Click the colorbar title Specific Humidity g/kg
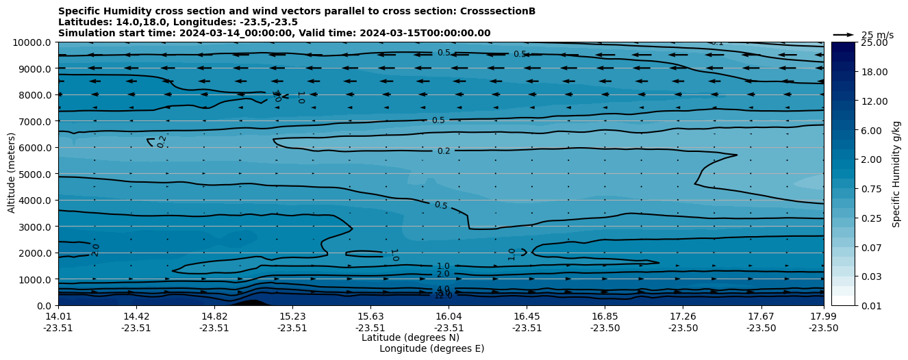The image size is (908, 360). point(896,174)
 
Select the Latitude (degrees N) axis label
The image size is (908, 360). point(410,337)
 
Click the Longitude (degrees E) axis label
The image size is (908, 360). point(431,348)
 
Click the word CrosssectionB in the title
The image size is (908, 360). point(501,12)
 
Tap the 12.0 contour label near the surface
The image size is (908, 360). point(443,296)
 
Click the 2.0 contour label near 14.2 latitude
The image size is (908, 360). point(96,250)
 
